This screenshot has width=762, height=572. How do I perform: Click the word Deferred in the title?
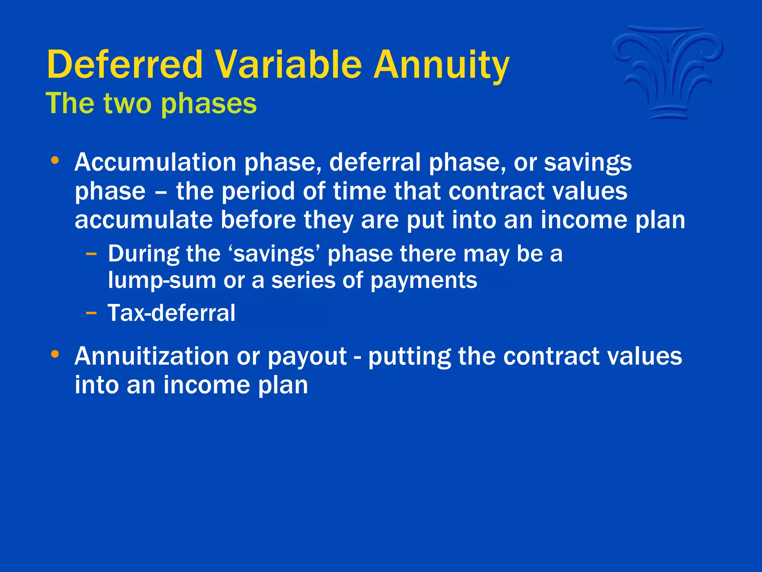tap(125, 65)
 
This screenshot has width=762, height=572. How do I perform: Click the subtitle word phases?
tap(209, 104)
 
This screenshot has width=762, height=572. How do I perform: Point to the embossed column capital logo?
tap(668, 73)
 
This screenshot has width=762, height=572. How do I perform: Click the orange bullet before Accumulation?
tap(55, 161)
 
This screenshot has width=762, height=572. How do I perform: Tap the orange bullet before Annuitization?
tap(55, 354)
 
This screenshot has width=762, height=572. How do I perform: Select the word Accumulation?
tap(155, 163)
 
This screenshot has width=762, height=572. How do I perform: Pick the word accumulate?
tap(143, 220)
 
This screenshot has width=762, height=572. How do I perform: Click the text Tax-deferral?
tap(172, 313)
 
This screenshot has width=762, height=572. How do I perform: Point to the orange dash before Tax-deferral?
tap(91, 313)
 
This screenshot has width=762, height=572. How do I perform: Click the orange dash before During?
tap(91, 254)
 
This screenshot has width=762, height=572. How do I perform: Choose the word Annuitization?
tap(151, 356)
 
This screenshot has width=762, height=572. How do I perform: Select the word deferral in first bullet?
tap(375, 163)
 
